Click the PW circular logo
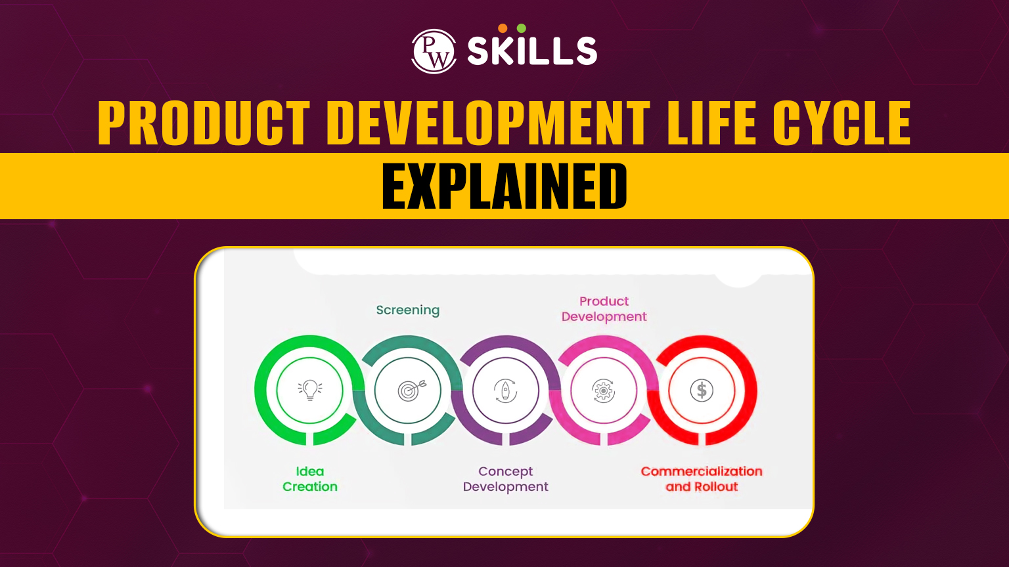(434, 51)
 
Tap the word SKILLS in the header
(532, 51)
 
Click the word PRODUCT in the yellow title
(204, 123)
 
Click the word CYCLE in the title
(841, 123)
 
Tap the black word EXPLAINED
(504, 186)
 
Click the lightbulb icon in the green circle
(310, 390)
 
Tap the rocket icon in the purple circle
(505, 390)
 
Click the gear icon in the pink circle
(603, 390)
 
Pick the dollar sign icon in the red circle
(702, 390)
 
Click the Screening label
(408, 310)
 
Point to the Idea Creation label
(310, 479)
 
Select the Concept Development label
(505, 479)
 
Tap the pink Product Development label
(604, 308)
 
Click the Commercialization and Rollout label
(702, 479)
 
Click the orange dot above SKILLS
(503, 28)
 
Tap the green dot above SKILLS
(522, 28)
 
